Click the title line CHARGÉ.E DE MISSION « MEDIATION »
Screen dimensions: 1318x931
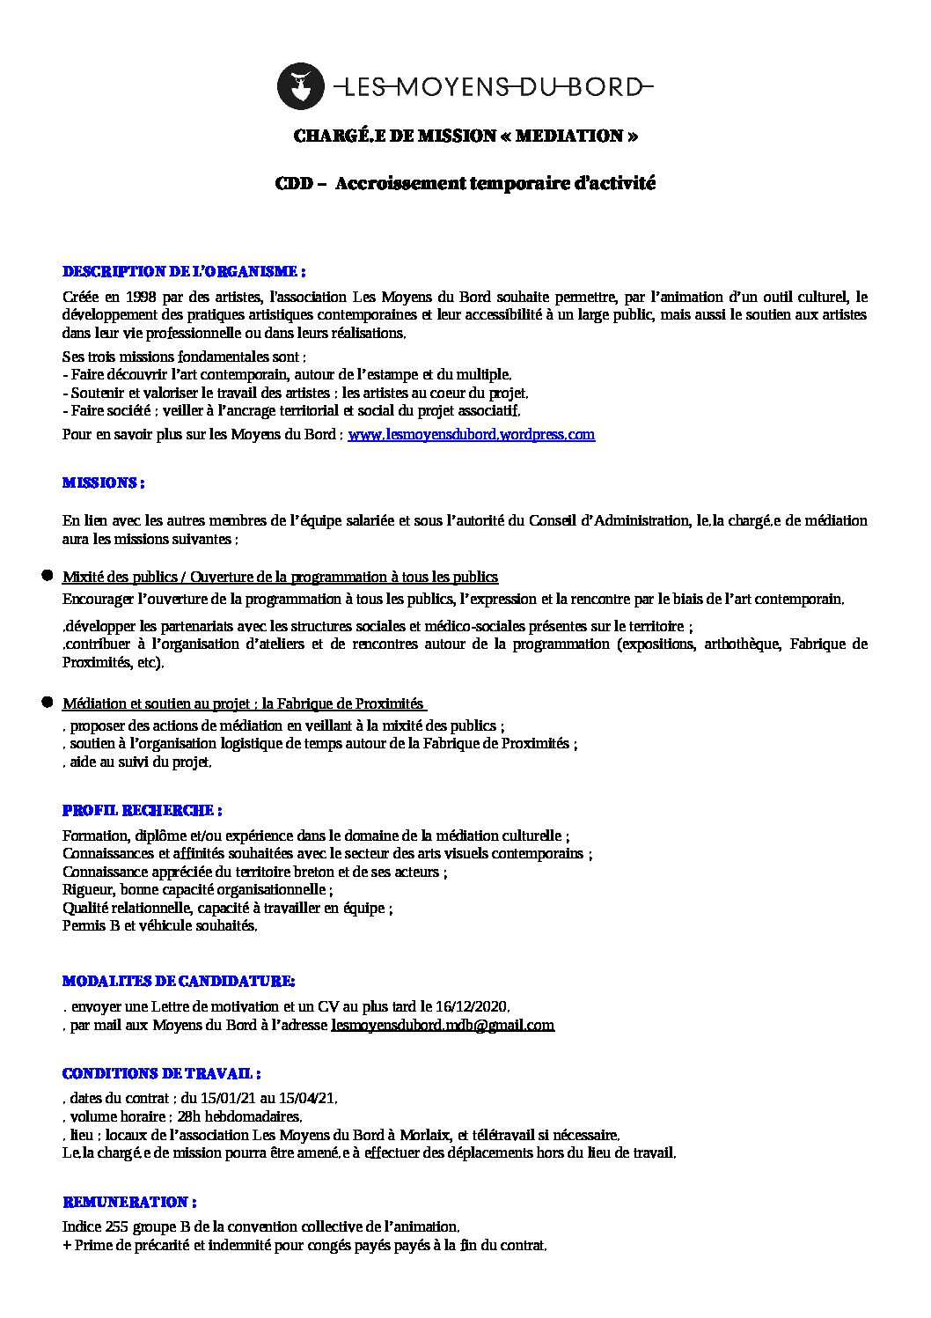(465, 136)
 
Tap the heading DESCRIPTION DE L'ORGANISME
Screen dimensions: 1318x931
(184, 271)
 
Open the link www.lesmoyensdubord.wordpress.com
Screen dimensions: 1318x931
(472, 435)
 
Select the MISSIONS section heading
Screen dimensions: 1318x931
(103, 483)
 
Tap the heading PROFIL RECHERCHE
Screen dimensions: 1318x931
(142, 810)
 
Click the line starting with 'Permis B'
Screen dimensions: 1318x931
(159, 926)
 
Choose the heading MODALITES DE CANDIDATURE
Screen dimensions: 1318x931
(179, 981)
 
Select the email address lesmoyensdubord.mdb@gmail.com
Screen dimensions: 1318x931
(443, 1025)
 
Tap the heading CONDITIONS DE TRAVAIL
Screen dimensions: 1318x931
(162, 1073)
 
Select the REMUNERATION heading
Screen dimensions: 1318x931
(129, 1202)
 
